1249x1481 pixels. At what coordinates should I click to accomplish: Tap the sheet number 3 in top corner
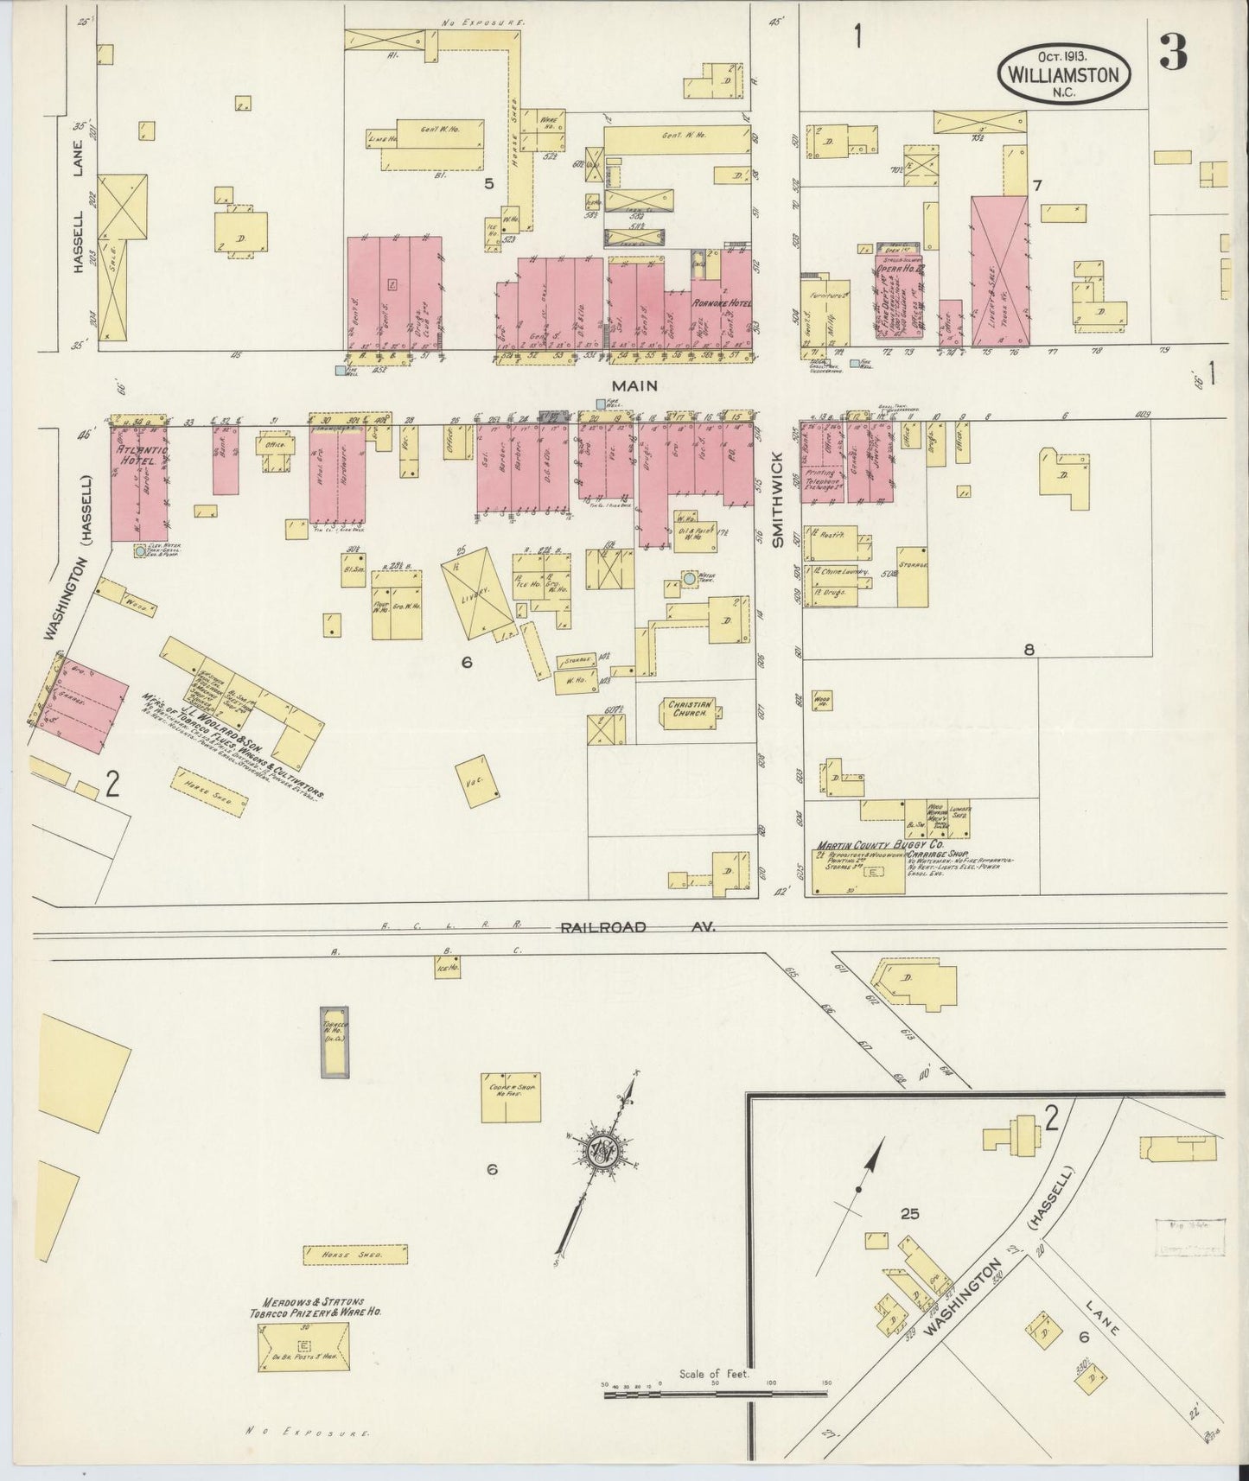[1173, 55]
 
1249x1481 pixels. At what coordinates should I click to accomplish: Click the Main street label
[636, 385]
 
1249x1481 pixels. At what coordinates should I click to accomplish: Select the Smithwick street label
[776, 499]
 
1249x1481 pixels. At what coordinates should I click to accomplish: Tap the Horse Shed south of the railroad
[355, 1254]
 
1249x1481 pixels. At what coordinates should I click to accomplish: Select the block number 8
[1029, 651]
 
